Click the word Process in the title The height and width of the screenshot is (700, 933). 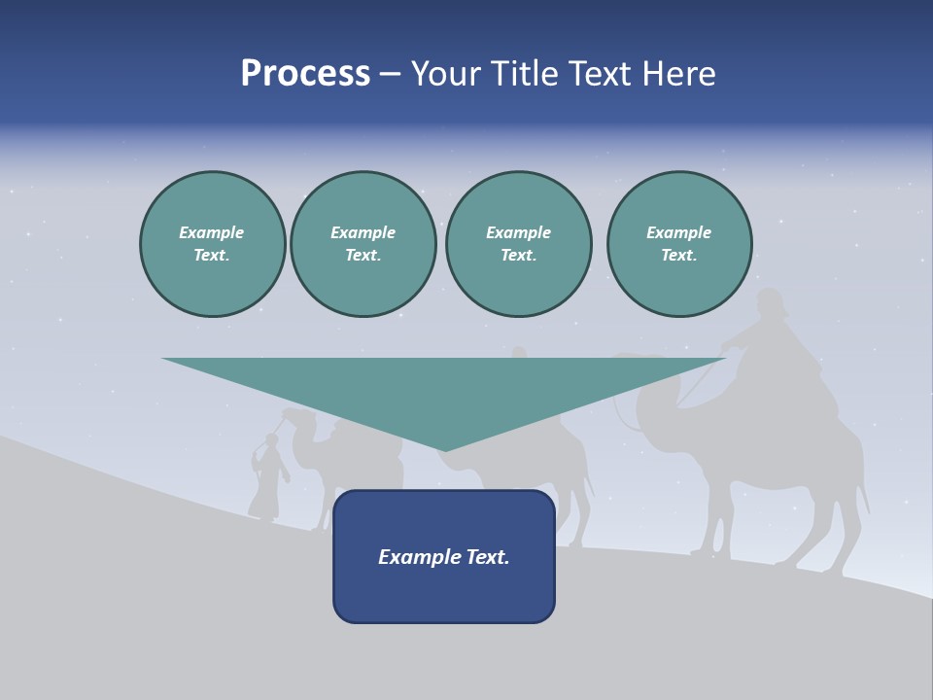[305, 74]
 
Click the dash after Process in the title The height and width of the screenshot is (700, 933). [390, 75]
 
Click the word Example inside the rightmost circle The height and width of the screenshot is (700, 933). [678, 232]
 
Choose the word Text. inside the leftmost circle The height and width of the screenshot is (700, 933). [212, 256]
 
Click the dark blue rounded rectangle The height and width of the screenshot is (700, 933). [444, 593]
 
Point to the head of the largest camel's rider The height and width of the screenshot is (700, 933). [770, 302]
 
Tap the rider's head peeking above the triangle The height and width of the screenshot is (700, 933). [520, 352]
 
